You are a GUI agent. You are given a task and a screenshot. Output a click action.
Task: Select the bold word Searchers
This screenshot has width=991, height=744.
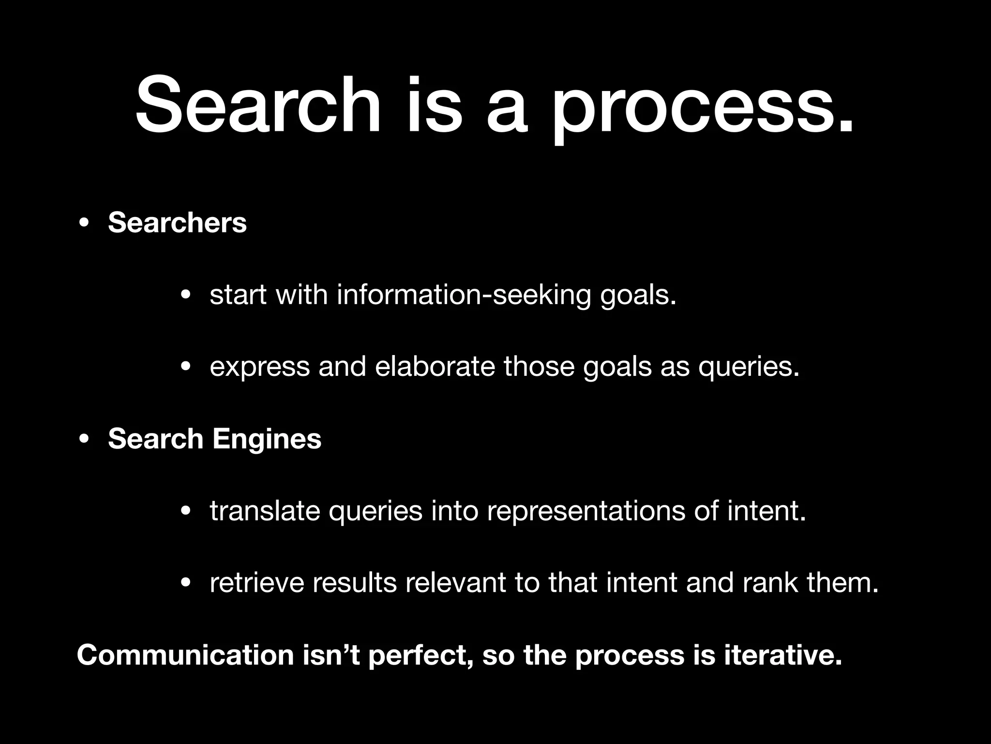coord(177,222)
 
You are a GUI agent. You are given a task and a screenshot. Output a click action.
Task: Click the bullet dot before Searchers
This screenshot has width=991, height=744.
coord(84,223)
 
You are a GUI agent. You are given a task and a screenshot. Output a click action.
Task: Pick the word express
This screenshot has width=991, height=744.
coord(259,367)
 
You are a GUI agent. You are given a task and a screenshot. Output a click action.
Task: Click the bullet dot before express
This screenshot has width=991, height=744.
coord(185,367)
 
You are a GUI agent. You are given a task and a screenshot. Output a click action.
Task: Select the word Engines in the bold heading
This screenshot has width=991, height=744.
coord(267,439)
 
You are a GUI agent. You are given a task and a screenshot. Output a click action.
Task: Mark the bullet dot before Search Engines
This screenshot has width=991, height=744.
coord(84,439)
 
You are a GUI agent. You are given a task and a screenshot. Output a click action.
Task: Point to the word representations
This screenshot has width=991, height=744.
coord(586,511)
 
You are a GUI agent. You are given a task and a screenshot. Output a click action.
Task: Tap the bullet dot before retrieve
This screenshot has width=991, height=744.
coord(185,583)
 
